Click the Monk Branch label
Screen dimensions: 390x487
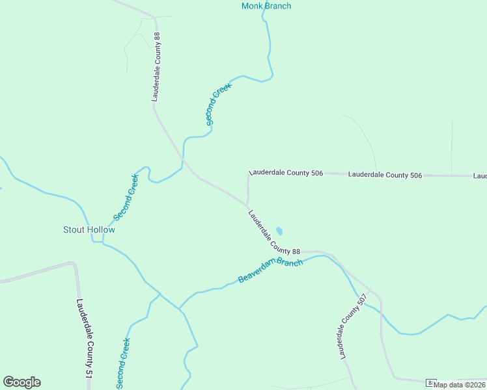(x=266, y=6)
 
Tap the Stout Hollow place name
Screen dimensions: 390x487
(x=89, y=229)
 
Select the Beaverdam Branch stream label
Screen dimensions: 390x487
(x=270, y=270)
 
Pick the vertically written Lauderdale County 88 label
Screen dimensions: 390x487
(x=156, y=66)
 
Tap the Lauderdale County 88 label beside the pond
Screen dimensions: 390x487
(x=273, y=233)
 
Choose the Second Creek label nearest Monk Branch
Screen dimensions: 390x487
(x=219, y=103)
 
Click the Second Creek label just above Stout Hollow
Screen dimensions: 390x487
(x=126, y=197)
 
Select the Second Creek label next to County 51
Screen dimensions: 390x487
(x=123, y=361)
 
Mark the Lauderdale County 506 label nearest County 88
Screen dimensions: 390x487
(x=286, y=174)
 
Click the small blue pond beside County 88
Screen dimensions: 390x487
(x=279, y=230)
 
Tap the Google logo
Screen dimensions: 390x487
(x=21, y=382)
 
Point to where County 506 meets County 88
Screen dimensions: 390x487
(x=247, y=204)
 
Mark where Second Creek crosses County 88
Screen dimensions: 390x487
(x=184, y=159)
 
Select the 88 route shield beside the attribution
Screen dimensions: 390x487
(x=430, y=383)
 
